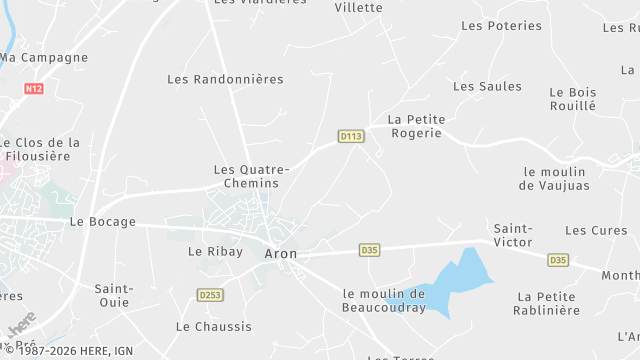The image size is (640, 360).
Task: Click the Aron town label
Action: pyautogui.click(x=281, y=253)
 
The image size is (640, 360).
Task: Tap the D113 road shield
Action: pyautogui.click(x=350, y=136)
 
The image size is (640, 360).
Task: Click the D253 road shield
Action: pyautogui.click(x=210, y=295)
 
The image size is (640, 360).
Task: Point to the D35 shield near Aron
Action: pyautogui.click(x=369, y=250)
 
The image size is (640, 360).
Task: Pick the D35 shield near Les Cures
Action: pyautogui.click(x=558, y=260)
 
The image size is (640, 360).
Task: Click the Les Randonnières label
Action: pyautogui.click(x=225, y=79)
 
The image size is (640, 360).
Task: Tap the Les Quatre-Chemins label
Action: pyautogui.click(x=251, y=177)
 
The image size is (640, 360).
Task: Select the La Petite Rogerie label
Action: pyautogui.click(x=415, y=125)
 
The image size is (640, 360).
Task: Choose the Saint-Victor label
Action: pyautogui.click(x=513, y=235)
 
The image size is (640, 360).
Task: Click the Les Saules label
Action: pyautogui.click(x=487, y=86)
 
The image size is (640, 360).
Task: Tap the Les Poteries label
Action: pyautogui.click(x=501, y=26)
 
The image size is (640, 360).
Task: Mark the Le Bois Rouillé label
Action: pyautogui.click(x=573, y=98)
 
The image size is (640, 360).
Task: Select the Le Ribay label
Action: pyautogui.click(x=215, y=252)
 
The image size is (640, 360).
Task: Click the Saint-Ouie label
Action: pyautogui.click(x=114, y=295)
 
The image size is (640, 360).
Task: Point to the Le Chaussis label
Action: pyautogui.click(x=213, y=327)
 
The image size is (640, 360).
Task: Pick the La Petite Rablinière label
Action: pyautogui.click(x=548, y=303)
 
